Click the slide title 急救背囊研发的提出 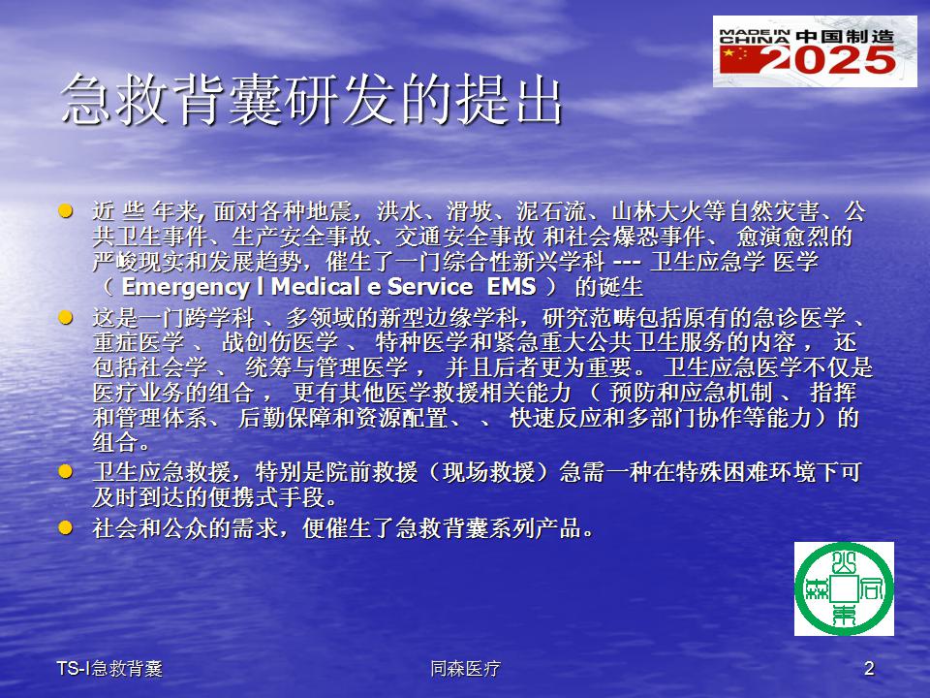[x=311, y=100]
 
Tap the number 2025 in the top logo [x=828, y=60]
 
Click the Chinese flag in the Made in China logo [x=737, y=60]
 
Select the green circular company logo [x=844, y=588]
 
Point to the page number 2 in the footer [x=869, y=668]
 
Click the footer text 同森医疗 [x=465, y=669]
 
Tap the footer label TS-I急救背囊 [x=109, y=669]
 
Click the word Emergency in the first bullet [x=186, y=287]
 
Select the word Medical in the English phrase [x=315, y=287]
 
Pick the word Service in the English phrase [x=430, y=287]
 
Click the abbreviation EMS [x=511, y=287]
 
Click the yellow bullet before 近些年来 [x=65, y=211]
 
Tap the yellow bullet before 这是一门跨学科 [x=65, y=318]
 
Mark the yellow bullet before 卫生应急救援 [x=65, y=472]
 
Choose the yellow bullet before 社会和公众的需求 [x=65, y=527]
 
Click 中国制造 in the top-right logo [x=845, y=37]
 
